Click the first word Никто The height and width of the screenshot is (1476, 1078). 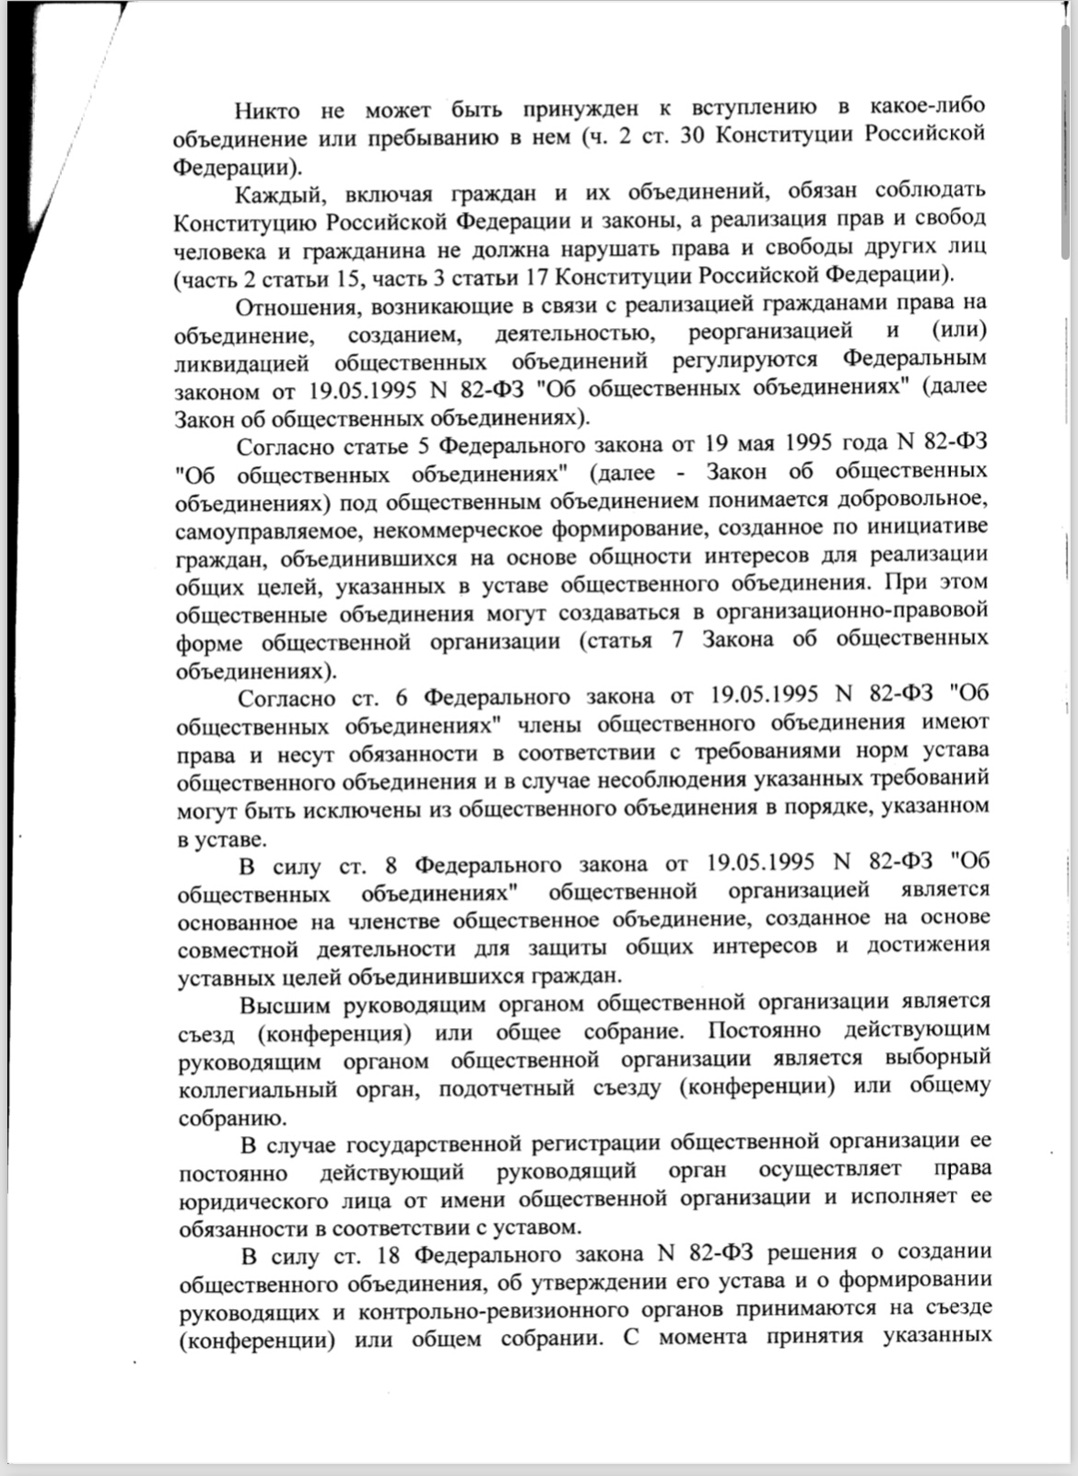[x=267, y=111]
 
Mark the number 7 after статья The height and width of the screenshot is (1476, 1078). [x=678, y=640]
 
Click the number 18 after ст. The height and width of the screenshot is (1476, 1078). [x=391, y=1255]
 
